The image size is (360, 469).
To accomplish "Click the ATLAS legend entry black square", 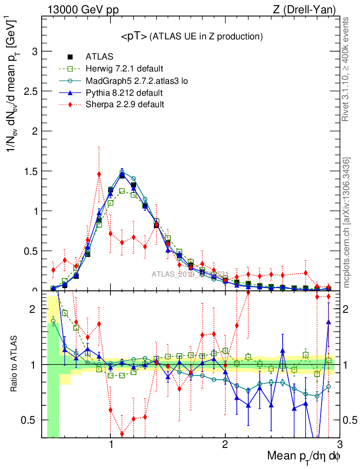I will pyautogui.click(x=70, y=57).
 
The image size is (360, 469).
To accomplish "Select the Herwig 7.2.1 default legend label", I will pyautogui.click(x=124, y=69).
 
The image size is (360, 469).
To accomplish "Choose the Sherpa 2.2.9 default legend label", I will pyautogui.click(x=125, y=104).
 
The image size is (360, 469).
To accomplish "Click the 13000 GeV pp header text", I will pyautogui.click(x=82, y=10).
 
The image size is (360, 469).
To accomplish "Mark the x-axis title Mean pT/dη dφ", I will pyautogui.click(x=304, y=457).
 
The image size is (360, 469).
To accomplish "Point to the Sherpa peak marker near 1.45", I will pyautogui.click(x=99, y=174).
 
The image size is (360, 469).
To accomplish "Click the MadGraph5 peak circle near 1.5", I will pyautogui.click(x=122, y=172).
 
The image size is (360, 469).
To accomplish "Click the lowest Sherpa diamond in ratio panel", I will pyautogui.click(x=122, y=434).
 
